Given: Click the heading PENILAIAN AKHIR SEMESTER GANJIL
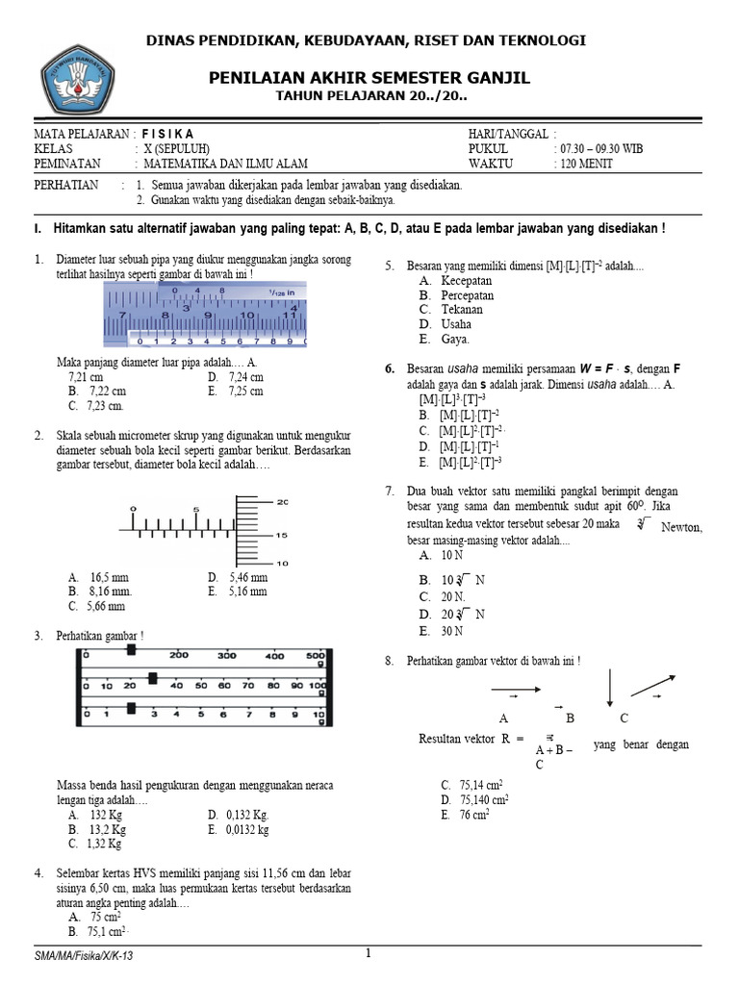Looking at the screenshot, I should click(370, 77).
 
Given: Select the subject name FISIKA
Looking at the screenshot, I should click(167, 134).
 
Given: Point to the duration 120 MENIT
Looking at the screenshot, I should click(583, 163).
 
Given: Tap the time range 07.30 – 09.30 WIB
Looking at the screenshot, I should click(599, 148).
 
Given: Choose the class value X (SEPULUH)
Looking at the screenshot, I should click(179, 148).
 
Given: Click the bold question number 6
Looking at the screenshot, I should click(390, 368).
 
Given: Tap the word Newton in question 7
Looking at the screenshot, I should click(682, 527).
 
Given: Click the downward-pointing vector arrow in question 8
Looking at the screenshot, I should click(609, 689).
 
